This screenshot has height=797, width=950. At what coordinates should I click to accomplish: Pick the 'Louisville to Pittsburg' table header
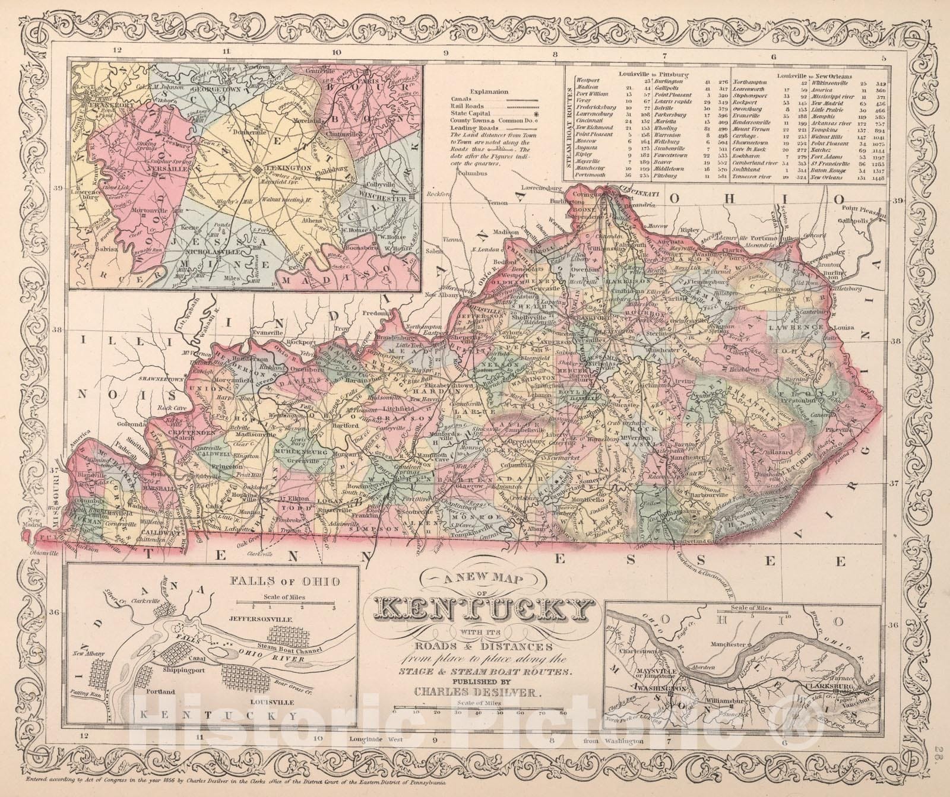653,74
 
